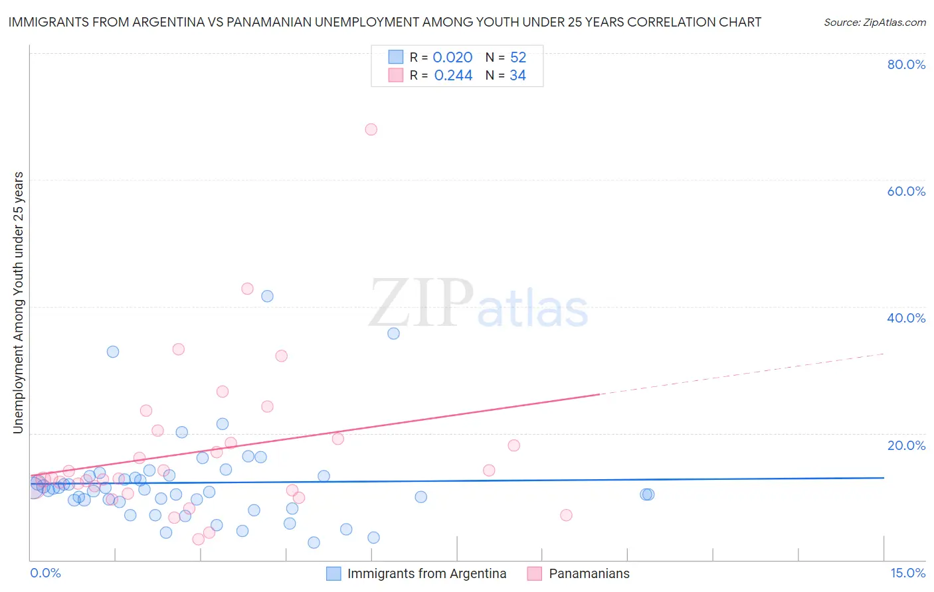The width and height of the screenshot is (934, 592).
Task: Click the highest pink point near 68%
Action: (x=371, y=129)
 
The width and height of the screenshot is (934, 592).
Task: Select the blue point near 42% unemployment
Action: (x=267, y=296)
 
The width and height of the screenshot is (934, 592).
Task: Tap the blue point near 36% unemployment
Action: (x=393, y=333)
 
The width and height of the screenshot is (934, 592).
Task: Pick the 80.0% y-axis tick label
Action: (x=906, y=64)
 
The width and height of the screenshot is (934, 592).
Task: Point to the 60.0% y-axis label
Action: (x=906, y=191)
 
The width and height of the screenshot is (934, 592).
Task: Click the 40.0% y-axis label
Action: (x=906, y=318)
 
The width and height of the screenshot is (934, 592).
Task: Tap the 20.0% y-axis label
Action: (x=906, y=445)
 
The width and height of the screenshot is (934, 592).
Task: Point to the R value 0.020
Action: (x=452, y=58)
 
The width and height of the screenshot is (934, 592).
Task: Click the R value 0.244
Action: (x=453, y=76)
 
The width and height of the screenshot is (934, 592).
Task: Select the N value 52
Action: (x=518, y=58)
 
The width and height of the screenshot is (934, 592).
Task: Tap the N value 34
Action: (x=517, y=76)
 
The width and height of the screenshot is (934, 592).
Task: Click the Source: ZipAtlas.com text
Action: (x=874, y=23)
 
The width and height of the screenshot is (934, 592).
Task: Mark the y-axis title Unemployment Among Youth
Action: (x=19, y=303)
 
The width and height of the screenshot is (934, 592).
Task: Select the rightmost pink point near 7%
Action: (x=566, y=515)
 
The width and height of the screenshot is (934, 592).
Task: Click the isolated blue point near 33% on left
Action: (x=113, y=352)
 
